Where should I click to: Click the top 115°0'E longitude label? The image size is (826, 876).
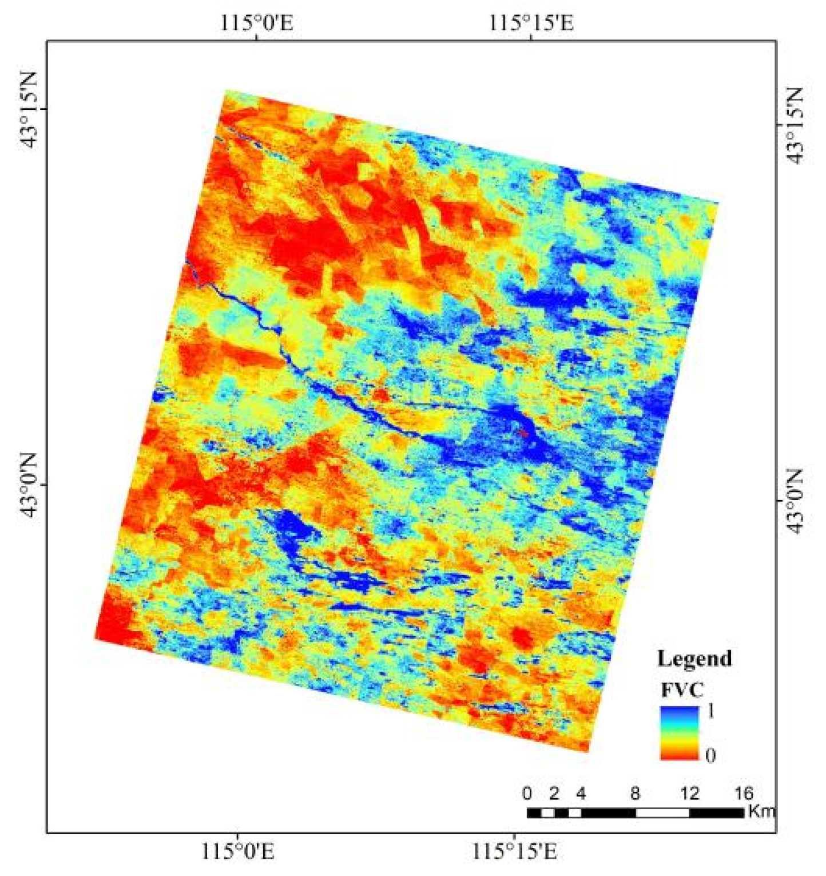257,23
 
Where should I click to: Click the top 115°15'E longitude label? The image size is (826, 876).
531,23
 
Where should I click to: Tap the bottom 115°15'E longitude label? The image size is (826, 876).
514,853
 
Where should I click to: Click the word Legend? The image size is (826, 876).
694,659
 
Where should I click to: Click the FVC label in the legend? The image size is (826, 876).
682,690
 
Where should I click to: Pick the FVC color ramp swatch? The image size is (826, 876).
680,733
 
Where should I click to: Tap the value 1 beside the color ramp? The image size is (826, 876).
710,711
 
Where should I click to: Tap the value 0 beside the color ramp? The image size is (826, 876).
710,755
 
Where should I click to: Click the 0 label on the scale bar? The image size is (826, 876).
527,794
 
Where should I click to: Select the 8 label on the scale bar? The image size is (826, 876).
636,794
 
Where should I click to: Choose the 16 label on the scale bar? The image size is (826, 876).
743,794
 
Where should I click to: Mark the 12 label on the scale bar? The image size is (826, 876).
690,794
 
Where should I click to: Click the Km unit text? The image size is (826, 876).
761,811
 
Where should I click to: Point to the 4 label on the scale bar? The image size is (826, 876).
581,794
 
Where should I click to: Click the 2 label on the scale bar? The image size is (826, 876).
554,794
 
